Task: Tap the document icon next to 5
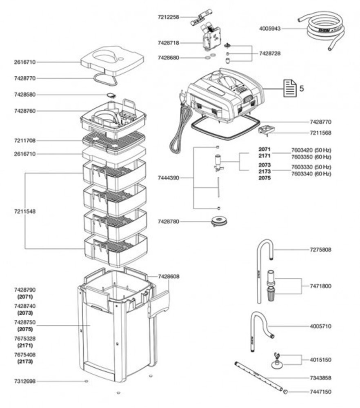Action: (289, 88)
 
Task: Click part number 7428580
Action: (25, 95)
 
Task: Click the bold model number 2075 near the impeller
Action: (264, 178)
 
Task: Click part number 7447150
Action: (320, 392)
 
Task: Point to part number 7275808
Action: (320, 250)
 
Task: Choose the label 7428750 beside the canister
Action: (25, 322)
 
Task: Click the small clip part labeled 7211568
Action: (266, 131)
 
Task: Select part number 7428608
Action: (169, 276)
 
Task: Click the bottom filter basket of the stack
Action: (115, 249)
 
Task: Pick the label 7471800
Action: (320, 286)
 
